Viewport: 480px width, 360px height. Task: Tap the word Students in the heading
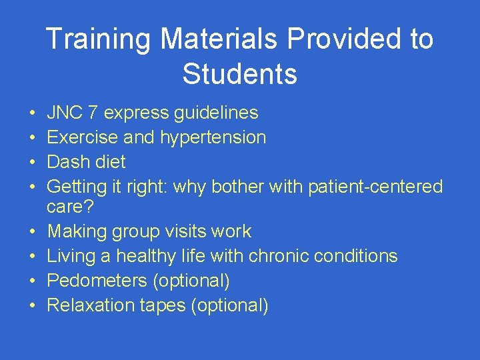[240, 74]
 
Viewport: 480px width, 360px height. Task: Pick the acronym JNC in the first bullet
[64, 113]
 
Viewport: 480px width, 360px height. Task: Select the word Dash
[67, 162]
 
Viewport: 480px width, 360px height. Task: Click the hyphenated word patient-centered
[375, 187]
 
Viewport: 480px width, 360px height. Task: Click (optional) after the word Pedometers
[191, 281]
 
